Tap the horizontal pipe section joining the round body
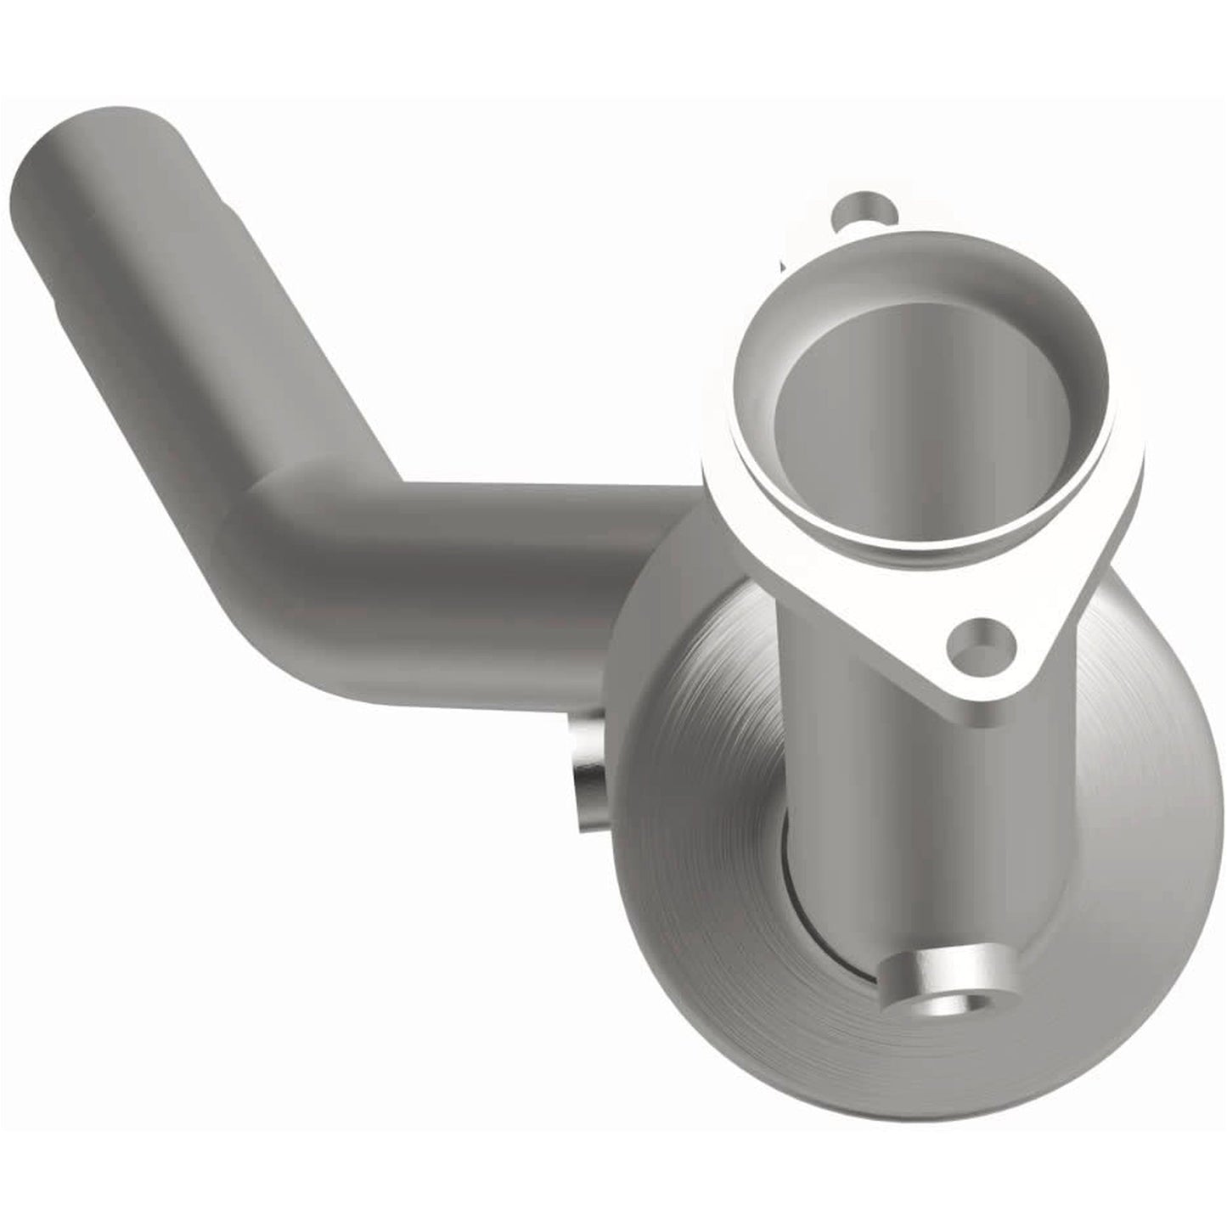coord(509,560)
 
